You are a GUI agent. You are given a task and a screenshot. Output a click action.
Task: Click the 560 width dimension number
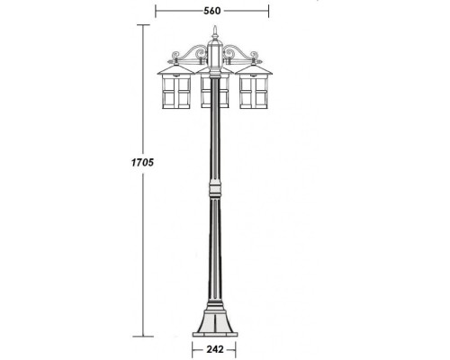point(212,11)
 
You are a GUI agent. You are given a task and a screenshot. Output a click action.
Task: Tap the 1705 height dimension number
point(144,162)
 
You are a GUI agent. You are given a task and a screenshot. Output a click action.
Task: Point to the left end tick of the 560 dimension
point(157,11)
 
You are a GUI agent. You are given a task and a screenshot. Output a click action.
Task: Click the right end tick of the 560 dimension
point(269,11)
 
